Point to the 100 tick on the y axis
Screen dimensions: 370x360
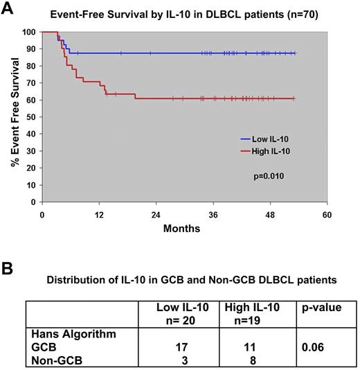[29, 32]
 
